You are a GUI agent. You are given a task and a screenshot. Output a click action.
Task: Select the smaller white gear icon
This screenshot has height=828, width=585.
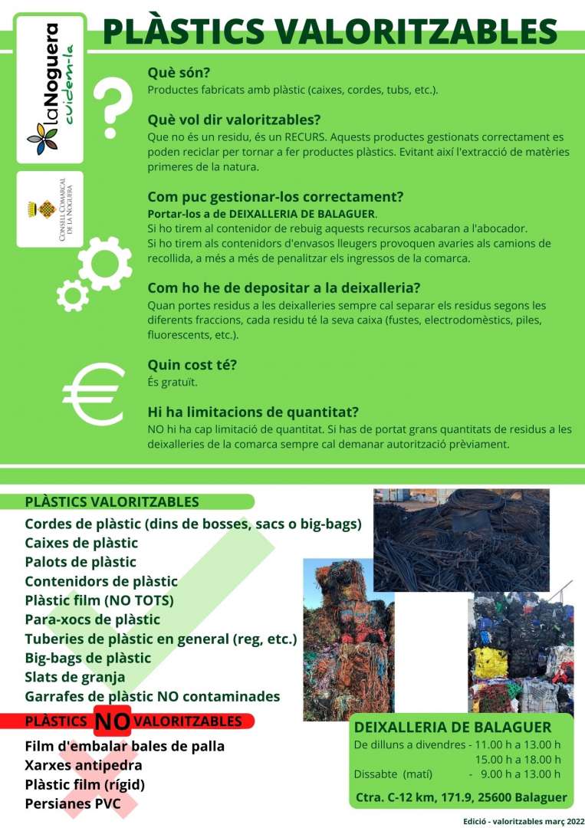(73, 294)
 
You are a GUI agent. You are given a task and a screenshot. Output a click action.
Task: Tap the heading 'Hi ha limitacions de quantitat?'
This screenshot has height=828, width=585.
(253, 412)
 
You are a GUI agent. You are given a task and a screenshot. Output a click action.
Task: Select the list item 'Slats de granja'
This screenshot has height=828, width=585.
(75, 677)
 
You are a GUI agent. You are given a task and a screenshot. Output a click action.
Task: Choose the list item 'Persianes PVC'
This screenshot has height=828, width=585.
(73, 803)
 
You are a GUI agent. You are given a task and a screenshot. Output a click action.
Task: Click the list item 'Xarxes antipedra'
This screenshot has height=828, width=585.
(84, 764)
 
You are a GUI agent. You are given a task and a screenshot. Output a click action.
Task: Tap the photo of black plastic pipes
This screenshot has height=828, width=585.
(461, 529)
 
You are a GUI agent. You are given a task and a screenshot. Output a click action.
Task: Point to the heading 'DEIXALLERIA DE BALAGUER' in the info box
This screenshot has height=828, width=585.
(452, 727)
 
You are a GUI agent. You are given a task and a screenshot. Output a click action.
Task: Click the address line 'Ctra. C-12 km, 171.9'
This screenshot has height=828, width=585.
(462, 798)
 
